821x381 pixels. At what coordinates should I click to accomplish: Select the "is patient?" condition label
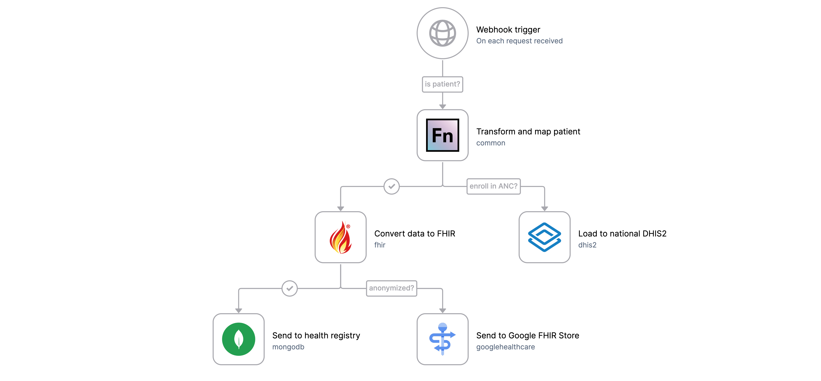point(442,84)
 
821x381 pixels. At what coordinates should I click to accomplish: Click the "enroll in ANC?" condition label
point(493,186)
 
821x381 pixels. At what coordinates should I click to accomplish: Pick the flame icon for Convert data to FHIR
point(340,237)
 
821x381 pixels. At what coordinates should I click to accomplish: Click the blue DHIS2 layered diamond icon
point(544,237)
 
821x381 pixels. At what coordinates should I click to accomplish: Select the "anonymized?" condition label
point(391,288)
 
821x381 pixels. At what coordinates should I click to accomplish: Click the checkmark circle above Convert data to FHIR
point(391,186)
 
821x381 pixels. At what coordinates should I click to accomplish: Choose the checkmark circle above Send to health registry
point(289,288)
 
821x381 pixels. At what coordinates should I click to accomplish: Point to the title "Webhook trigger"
point(508,30)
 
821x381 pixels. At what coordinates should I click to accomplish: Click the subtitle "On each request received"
point(519,41)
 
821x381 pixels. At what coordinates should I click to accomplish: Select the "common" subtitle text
point(491,143)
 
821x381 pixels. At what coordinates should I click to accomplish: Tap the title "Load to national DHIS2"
point(622,234)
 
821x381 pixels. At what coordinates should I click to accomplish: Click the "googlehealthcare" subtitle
point(505,347)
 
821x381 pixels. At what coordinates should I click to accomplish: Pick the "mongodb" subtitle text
point(288,347)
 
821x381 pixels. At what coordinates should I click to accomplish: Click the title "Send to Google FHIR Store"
point(527,336)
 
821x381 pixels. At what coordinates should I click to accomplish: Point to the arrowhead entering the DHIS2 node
point(544,209)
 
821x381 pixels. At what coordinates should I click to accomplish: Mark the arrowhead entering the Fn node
point(442,106)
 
